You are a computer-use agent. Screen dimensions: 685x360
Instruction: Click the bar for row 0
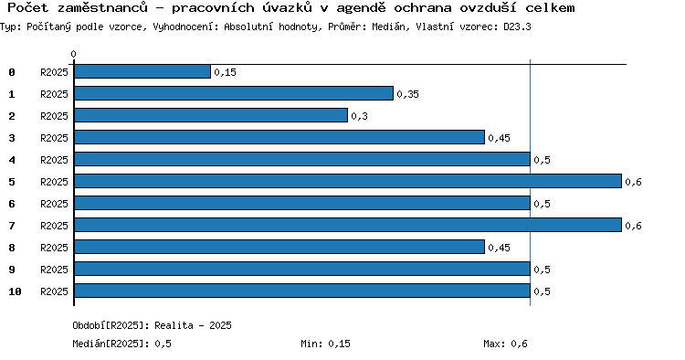pyautogui.click(x=142, y=71)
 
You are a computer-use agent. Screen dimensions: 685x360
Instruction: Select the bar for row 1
pyautogui.click(x=234, y=93)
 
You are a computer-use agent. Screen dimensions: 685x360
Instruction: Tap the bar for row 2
pyautogui.click(x=211, y=115)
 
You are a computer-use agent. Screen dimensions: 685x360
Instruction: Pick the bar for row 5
pyautogui.click(x=348, y=181)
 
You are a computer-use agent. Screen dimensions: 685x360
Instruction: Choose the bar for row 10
pyautogui.click(x=302, y=291)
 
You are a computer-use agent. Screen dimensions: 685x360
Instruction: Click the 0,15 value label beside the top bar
pyautogui.click(x=225, y=72)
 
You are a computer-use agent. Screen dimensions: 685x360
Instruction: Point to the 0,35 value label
pyautogui.click(x=407, y=94)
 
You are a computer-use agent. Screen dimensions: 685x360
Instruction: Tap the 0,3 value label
pyautogui.click(x=359, y=116)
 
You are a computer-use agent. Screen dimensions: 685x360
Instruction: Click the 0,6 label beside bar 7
pyautogui.click(x=633, y=226)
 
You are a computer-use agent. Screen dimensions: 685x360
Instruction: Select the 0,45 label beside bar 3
pyautogui.click(x=499, y=138)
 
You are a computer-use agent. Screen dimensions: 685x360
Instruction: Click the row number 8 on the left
pyautogui.click(x=12, y=248)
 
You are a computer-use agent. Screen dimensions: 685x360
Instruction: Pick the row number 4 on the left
pyautogui.click(x=12, y=160)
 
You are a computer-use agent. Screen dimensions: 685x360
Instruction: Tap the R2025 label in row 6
pyautogui.click(x=54, y=204)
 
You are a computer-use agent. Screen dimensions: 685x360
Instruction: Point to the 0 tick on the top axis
pyautogui.click(x=73, y=54)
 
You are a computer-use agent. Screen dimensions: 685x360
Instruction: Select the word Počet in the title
pyautogui.click(x=27, y=7)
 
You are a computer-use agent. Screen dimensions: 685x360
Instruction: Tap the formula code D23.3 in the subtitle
pyautogui.click(x=517, y=26)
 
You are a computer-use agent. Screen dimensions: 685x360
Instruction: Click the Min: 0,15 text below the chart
pyautogui.click(x=325, y=344)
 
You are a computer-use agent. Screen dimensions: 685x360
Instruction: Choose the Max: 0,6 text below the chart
pyautogui.click(x=505, y=344)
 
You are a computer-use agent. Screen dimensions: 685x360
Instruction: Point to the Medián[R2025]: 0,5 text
pyautogui.click(x=121, y=344)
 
